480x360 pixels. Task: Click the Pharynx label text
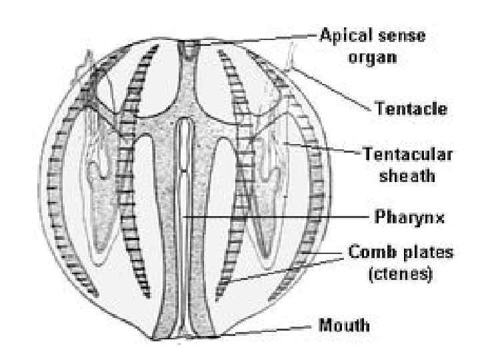399,217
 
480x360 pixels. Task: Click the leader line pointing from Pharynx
280,217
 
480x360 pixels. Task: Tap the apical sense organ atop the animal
193,47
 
